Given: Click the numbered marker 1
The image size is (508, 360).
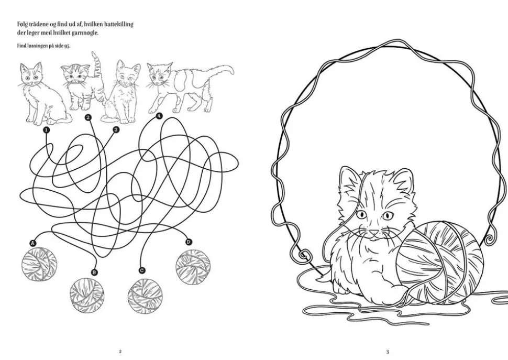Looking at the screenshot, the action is (46, 130).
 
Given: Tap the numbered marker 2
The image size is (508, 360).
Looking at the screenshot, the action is (89, 117).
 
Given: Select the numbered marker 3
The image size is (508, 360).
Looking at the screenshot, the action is (116, 129).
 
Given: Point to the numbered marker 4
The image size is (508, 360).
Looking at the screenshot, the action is (159, 116).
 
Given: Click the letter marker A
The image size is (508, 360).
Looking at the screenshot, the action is (32, 243).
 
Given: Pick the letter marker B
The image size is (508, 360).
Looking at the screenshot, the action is (94, 272).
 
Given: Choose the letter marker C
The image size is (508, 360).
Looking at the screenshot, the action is (141, 270).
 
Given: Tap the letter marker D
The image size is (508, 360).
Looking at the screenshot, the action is (189, 242).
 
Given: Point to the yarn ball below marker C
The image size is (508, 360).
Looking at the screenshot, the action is (145, 295).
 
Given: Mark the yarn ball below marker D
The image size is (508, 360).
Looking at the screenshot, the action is (193, 266).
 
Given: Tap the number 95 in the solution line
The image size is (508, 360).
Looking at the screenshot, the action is (67, 46).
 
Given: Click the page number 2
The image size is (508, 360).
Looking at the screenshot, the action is (120, 352).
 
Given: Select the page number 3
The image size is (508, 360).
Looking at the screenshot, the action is (388, 352).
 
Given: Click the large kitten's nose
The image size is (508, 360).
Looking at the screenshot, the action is (374, 232).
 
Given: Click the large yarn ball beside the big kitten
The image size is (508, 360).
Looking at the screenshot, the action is (440, 263).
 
